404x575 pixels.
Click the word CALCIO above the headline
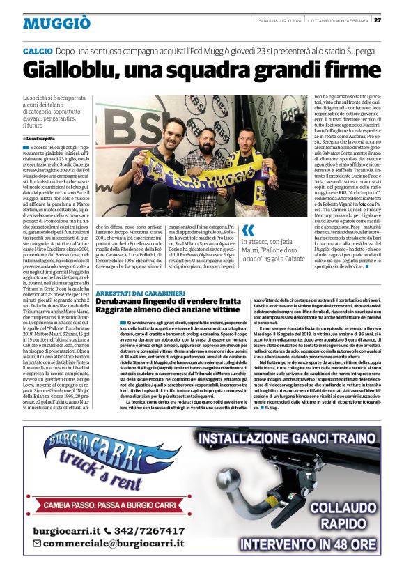pos(38,52)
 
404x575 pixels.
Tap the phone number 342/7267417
pos(147,530)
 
